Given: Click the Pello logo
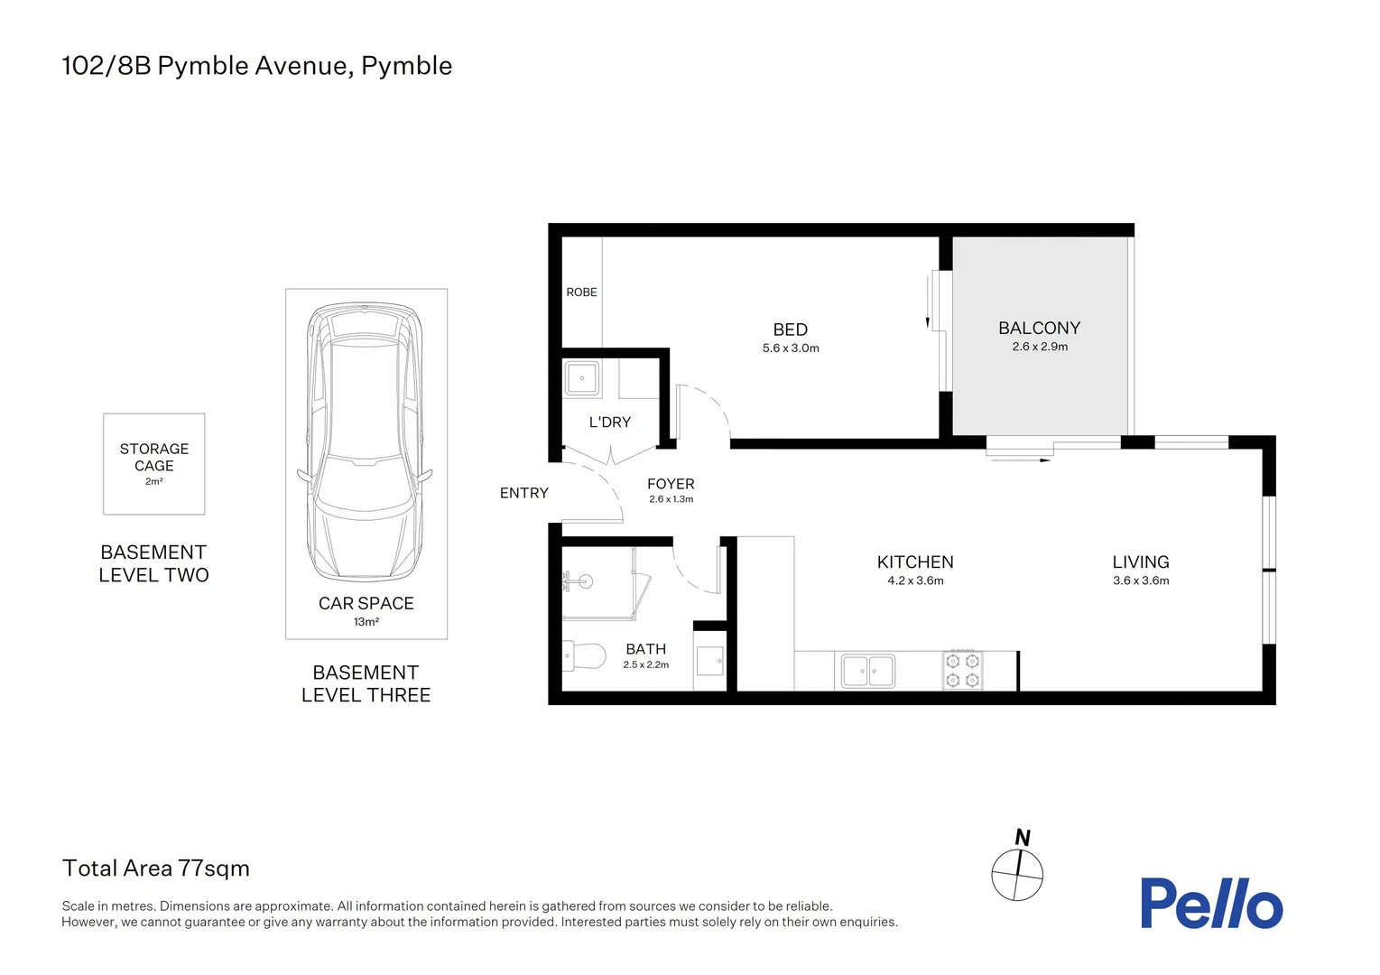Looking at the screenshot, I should [x=1210, y=904].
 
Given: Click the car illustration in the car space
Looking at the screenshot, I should [x=366, y=442].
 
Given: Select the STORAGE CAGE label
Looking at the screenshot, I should [x=154, y=457].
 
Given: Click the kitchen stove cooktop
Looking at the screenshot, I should [x=962, y=670].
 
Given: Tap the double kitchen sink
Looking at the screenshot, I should [x=868, y=671].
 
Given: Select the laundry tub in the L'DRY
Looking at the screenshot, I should [x=582, y=378].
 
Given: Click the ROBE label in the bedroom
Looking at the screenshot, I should [x=581, y=292].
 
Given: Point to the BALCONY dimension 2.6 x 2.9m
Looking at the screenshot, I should [x=1040, y=347].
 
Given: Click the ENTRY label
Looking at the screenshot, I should [x=524, y=493].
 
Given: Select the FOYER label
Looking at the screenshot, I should [x=671, y=484].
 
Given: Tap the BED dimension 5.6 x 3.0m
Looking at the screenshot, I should [x=791, y=348].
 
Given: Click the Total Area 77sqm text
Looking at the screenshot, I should [x=156, y=868].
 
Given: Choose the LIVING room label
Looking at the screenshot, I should [x=1141, y=562].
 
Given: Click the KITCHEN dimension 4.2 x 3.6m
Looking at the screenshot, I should [x=915, y=580].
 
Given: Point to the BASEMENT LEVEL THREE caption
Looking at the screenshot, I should [x=366, y=683].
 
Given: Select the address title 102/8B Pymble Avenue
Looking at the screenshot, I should [x=257, y=66].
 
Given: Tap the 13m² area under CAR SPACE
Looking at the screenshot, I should [x=366, y=622].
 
